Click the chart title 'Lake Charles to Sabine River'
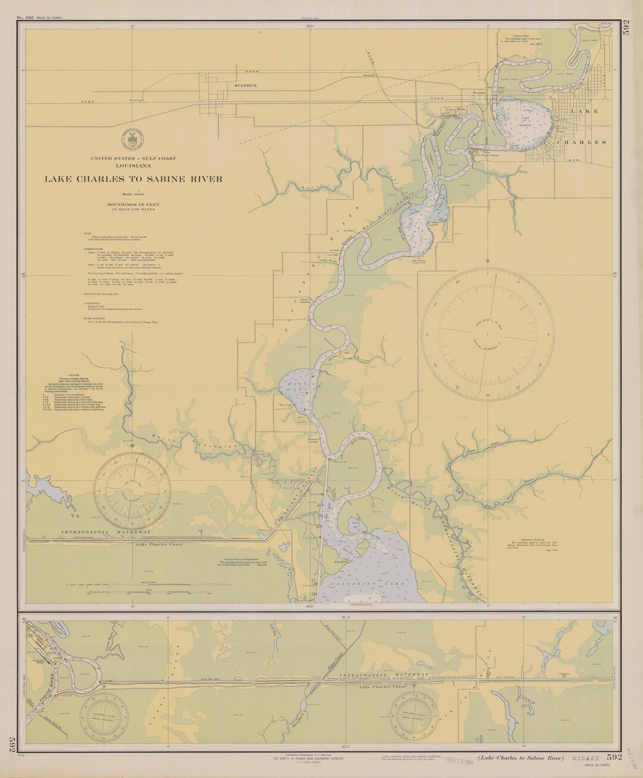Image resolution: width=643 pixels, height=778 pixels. point(133,179)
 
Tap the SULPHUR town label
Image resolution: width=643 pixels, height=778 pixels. point(245,86)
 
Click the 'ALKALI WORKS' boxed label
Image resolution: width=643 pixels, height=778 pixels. point(457,110)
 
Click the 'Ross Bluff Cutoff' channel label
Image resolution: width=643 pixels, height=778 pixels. point(400,206)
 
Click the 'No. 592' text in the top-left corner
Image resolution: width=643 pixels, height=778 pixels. point(28,18)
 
